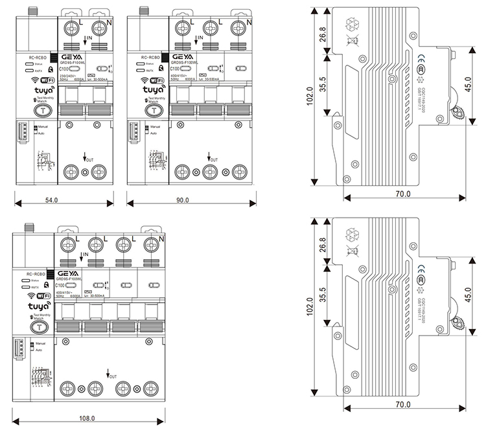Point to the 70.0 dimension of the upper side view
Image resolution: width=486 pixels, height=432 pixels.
click(403, 194)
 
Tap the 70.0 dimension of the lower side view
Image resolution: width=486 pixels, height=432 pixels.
click(403, 405)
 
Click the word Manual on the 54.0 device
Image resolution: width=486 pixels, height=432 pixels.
click(43, 127)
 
